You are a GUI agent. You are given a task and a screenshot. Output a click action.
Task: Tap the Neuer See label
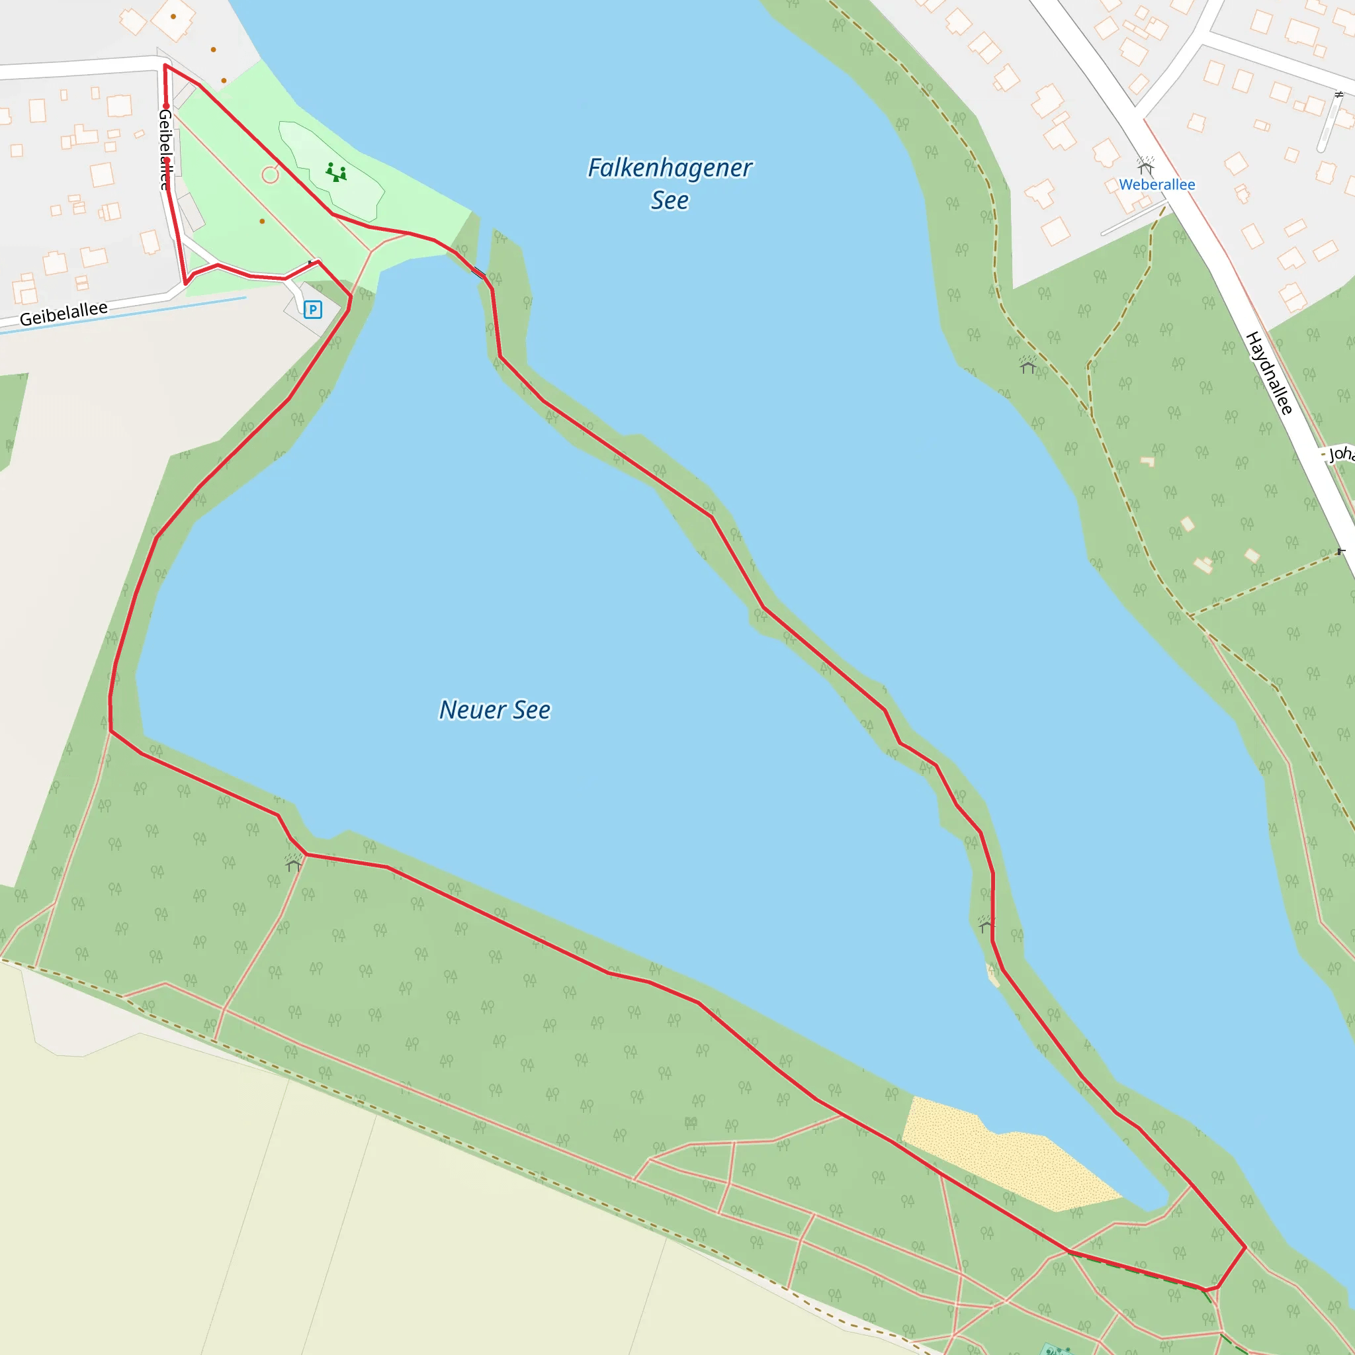click(494, 710)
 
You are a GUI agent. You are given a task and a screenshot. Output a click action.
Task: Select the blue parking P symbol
click(313, 309)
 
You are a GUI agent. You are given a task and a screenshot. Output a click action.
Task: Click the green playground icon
click(336, 172)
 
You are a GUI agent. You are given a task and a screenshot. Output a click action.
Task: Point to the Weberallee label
click(1157, 185)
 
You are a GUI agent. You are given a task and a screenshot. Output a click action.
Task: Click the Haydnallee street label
click(1269, 373)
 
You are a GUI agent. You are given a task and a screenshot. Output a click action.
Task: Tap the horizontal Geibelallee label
click(64, 314)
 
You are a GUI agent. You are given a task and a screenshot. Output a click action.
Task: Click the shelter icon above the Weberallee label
click(1145, 166)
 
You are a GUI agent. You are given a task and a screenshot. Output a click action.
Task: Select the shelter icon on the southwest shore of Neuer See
click(293, 863)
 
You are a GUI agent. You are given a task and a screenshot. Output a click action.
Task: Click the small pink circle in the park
click(270, 175)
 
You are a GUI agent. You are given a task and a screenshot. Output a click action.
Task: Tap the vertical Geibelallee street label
click(165, 150)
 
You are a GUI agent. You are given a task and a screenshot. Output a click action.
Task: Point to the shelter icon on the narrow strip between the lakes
click(986, 924)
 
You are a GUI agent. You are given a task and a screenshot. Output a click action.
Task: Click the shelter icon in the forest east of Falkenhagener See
click(1028, 365)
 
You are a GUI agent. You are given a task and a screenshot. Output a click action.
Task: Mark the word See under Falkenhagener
click(670, 200)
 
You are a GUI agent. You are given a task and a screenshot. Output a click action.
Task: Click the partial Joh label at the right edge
click(1341, 454)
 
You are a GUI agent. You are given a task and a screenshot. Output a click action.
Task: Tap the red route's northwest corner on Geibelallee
click(165, 66)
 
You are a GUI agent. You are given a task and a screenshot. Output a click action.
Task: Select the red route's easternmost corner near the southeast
click(1245, 1247)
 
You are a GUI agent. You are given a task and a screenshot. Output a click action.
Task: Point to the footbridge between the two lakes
click(479, 272)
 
